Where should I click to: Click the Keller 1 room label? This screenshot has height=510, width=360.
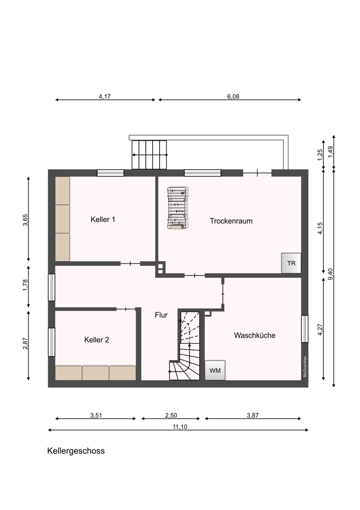103,219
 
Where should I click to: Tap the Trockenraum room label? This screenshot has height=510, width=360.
231,221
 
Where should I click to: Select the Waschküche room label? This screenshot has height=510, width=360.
254,336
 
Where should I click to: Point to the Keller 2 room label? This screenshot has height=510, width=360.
96,340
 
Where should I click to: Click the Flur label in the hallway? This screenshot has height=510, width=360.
161,315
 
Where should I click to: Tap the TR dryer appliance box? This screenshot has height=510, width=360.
291,263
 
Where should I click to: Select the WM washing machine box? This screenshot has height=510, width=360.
215,370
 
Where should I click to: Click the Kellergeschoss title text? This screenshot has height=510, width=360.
76,451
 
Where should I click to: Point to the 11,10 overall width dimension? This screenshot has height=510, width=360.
180,427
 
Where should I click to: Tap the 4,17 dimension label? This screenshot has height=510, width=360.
105,96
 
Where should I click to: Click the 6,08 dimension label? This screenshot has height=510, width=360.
233,96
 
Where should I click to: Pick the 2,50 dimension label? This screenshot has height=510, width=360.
171,415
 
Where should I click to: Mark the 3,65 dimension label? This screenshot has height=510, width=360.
25,219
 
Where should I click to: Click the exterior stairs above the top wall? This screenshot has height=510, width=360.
149,155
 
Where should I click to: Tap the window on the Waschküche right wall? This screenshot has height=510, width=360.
305,329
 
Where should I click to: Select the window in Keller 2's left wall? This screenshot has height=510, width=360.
52,342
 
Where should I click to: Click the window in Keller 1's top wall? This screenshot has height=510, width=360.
111,173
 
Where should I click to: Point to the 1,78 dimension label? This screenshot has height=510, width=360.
25,285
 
